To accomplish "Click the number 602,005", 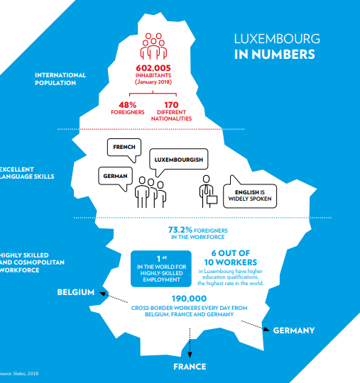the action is coord(153,68).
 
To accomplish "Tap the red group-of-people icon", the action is coord(153,46).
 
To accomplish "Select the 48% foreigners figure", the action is coord(127,105).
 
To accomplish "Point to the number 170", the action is coord(171,105).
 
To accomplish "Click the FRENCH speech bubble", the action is coord(124,147).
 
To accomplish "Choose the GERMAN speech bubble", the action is coord(115,176).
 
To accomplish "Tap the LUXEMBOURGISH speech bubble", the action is coord(178,160).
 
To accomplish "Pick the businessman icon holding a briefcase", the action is coord(207,191).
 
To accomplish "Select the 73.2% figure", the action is coord(180,230).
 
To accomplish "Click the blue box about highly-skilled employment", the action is coord(161,269).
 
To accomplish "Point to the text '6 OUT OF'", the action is coord(231,253).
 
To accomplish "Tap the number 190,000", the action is coord(189,299).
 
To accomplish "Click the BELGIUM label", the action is coord(76,292).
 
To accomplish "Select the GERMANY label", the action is coord(294,331).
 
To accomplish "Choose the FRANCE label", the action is coord(190,367).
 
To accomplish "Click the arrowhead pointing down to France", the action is coord(190,355).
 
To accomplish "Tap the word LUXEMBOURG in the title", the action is coord(277,39).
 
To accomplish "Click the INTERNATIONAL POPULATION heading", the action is coord(60,79).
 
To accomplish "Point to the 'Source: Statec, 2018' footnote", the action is coord(19,374).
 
